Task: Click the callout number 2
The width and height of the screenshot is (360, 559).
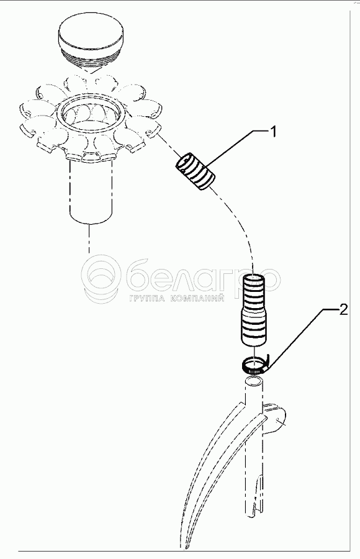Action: point(343,310)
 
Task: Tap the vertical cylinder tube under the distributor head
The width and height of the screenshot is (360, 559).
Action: point(91,193)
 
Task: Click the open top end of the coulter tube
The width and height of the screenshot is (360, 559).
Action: point(254,382)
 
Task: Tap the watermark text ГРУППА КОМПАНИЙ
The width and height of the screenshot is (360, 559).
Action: point(177,298)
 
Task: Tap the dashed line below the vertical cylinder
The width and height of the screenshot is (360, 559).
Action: point(89,239)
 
